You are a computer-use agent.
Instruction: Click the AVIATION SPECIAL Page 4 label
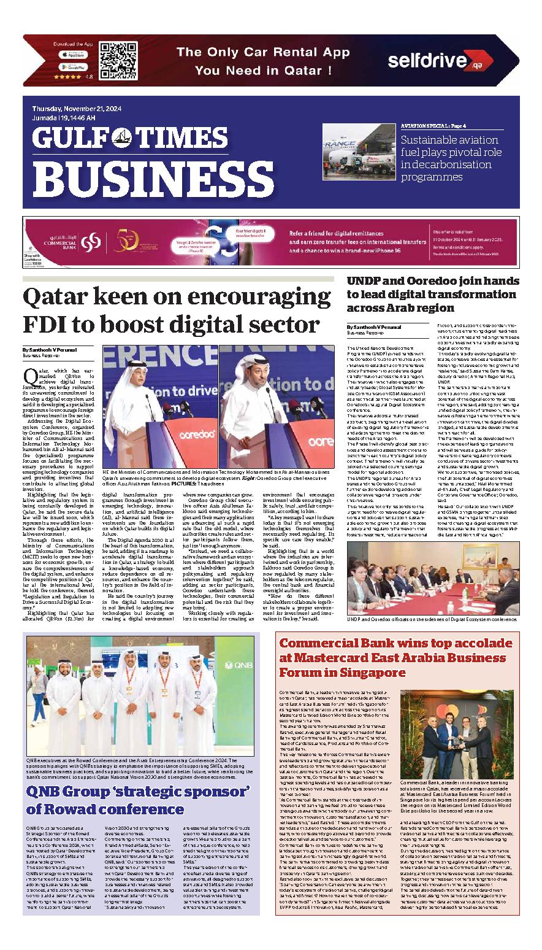coord(433,126)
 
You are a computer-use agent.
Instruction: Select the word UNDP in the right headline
coord(365,281)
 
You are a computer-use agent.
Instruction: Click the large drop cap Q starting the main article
coord(29,375)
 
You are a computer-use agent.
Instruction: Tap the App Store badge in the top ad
coord(73,55)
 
